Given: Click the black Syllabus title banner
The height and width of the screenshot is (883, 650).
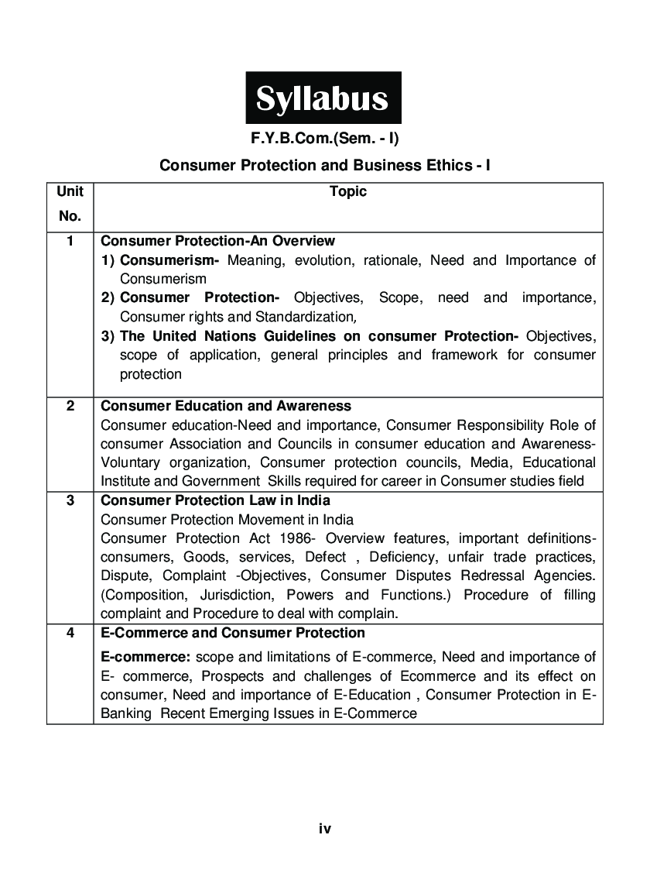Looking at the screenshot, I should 323,98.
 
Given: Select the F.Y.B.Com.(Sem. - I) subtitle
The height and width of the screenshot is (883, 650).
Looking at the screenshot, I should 324,139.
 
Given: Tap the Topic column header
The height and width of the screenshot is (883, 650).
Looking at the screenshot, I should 347,191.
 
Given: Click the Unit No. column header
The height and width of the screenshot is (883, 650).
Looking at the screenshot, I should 70,204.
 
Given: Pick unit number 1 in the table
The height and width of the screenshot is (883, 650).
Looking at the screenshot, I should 70,241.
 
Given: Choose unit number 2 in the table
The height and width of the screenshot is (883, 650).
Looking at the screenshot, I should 70,406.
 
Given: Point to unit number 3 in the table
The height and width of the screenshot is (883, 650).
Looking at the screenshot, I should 70,500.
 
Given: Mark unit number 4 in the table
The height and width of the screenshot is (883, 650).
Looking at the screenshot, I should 70,633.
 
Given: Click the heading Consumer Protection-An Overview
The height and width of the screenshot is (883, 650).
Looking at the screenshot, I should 218,241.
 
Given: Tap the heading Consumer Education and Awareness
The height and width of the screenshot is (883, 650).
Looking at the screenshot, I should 226,406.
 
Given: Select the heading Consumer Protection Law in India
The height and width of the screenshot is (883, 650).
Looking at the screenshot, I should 215,500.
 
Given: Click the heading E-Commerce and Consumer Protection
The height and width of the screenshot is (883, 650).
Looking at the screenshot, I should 233,633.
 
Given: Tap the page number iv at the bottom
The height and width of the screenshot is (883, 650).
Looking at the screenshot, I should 325,829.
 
